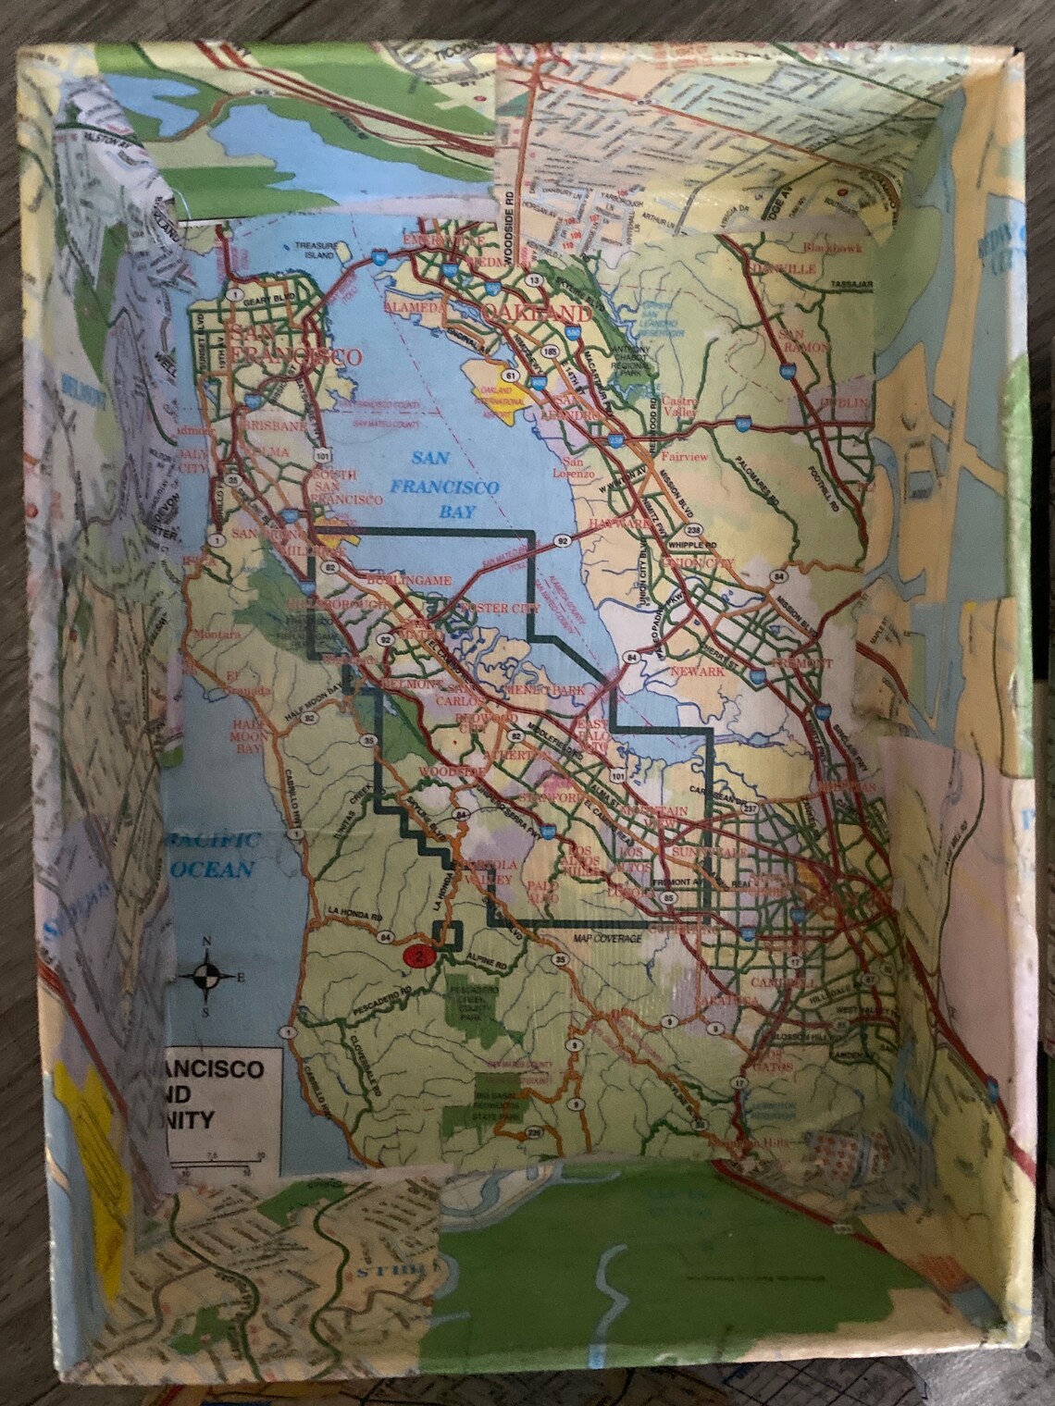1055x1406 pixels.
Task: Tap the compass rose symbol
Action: tap(207, 976)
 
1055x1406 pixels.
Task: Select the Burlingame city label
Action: tap(408, 578)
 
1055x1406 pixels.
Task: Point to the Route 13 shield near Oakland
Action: tap(532, 279)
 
